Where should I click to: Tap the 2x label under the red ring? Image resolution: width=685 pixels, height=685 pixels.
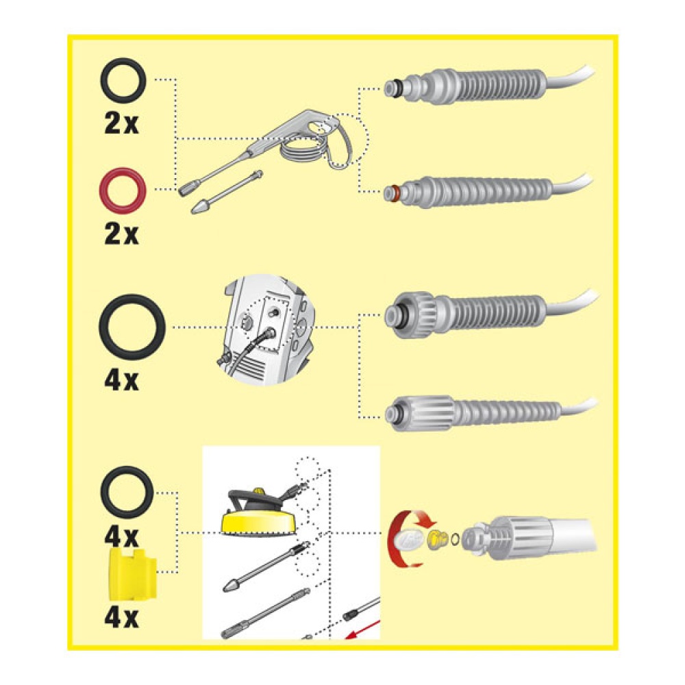(121, 234)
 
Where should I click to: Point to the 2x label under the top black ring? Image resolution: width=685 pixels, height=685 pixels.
(121, 123)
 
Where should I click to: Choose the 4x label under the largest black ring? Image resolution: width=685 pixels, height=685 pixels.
(121, 381)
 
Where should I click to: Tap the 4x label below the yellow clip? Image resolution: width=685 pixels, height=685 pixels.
(121, 618)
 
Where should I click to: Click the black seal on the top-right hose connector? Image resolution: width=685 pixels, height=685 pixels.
(395, 89)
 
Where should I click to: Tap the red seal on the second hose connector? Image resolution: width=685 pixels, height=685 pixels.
(395, 192)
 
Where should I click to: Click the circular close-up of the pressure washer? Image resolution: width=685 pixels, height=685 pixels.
(266, 330)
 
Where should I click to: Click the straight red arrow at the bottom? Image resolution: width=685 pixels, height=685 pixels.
(362, 629)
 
